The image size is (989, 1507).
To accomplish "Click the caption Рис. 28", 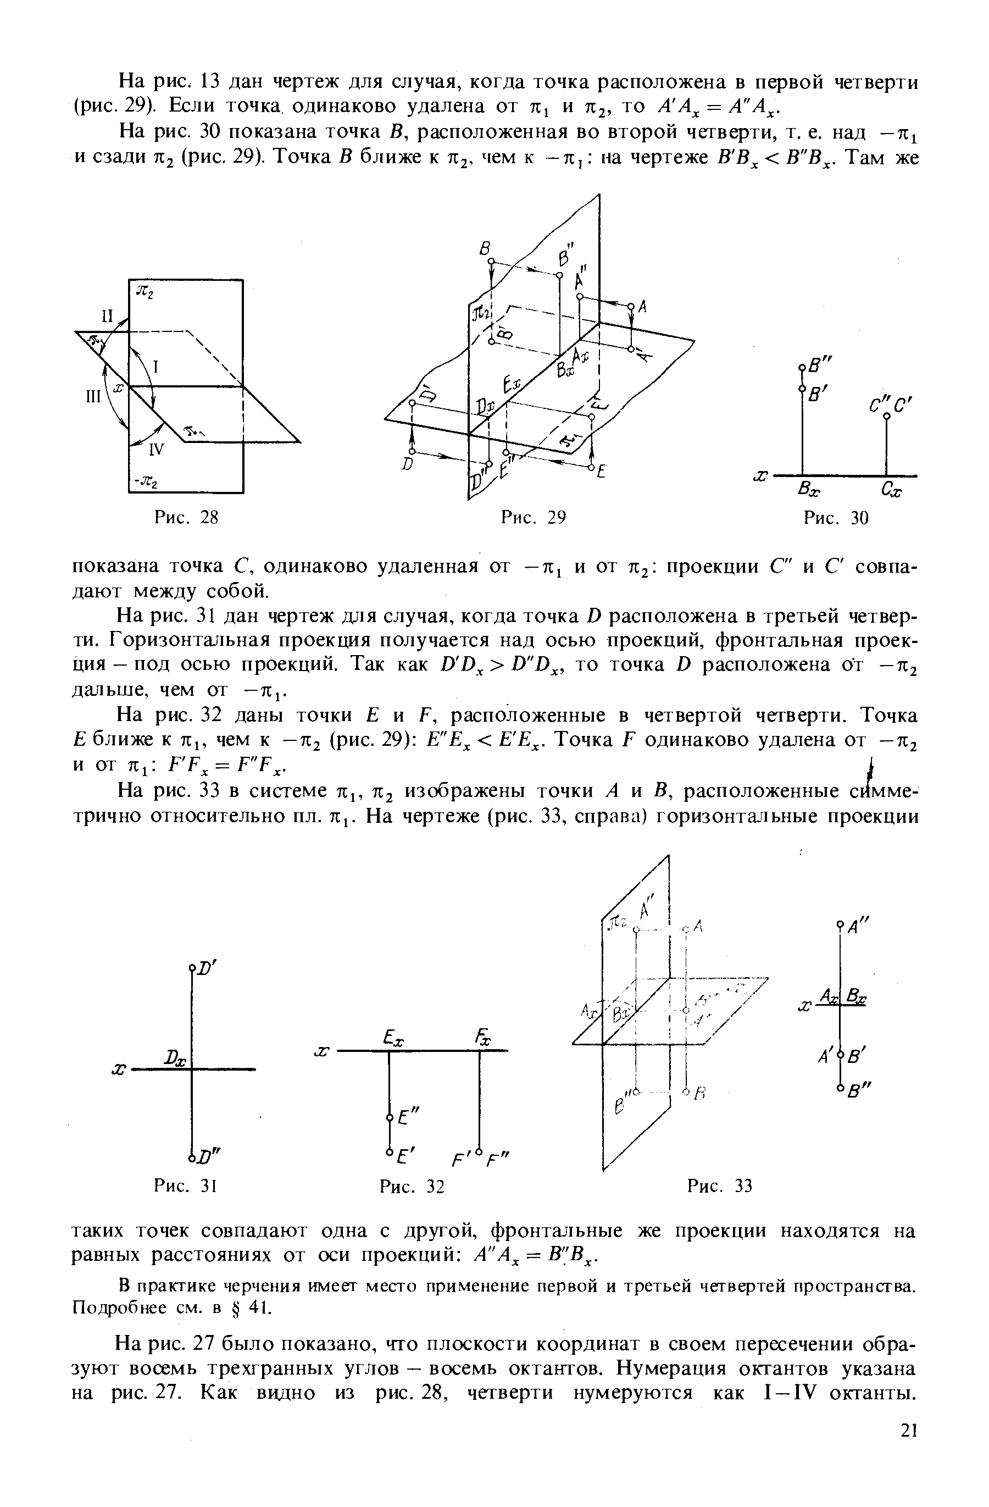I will tap(186, 518).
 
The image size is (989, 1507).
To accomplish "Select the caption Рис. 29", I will tap(532, 518).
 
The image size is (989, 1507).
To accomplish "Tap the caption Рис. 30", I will tap(835, 519).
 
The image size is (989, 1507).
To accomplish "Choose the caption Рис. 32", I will tap(412, 1186).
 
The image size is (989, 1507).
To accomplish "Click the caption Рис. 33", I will tap(719, 1185).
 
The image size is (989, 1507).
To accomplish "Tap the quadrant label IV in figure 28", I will tap(155, 450).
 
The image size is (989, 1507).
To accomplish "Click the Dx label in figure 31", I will tap(175, 1059).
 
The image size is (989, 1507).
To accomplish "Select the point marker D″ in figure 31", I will tap(191, 1153).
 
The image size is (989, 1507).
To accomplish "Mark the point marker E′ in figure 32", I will tap(390, 1150).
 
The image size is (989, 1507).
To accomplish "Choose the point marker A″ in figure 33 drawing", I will tap(840, 924).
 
